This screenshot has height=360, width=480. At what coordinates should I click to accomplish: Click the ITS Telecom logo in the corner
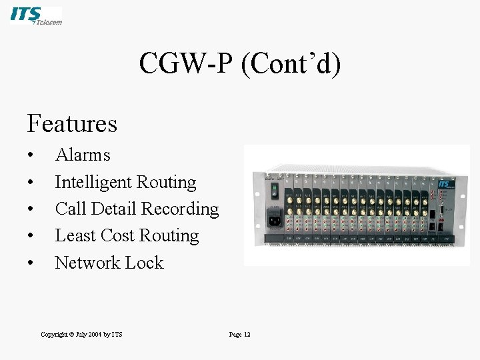click(x=36, y=15)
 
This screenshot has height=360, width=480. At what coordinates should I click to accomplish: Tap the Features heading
click(x=72, y=123)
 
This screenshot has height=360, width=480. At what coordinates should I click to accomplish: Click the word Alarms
click(x=83, y=155)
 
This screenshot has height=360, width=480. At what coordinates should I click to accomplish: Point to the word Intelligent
click(x=93, y=182)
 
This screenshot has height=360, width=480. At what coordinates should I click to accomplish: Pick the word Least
click(x=75, y=235)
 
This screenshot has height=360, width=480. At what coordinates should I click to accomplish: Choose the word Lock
click(x=145, y=263)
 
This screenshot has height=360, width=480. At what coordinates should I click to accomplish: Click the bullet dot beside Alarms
click(x=31, y=156)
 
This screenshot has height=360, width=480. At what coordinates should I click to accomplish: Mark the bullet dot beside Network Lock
click(x=31, y=263)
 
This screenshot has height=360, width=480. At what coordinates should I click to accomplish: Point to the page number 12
click(x=246, y=334)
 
